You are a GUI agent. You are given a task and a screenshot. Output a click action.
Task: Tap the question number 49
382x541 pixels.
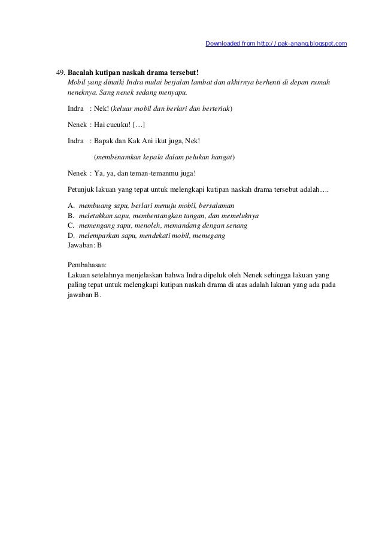coord(60,73)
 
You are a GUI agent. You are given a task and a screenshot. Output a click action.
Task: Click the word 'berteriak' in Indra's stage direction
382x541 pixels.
coord(216,110)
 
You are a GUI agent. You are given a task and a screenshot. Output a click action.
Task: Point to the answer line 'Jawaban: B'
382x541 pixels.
coord(86,246)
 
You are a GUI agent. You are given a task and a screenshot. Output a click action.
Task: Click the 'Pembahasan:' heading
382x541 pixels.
coord(90,264)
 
